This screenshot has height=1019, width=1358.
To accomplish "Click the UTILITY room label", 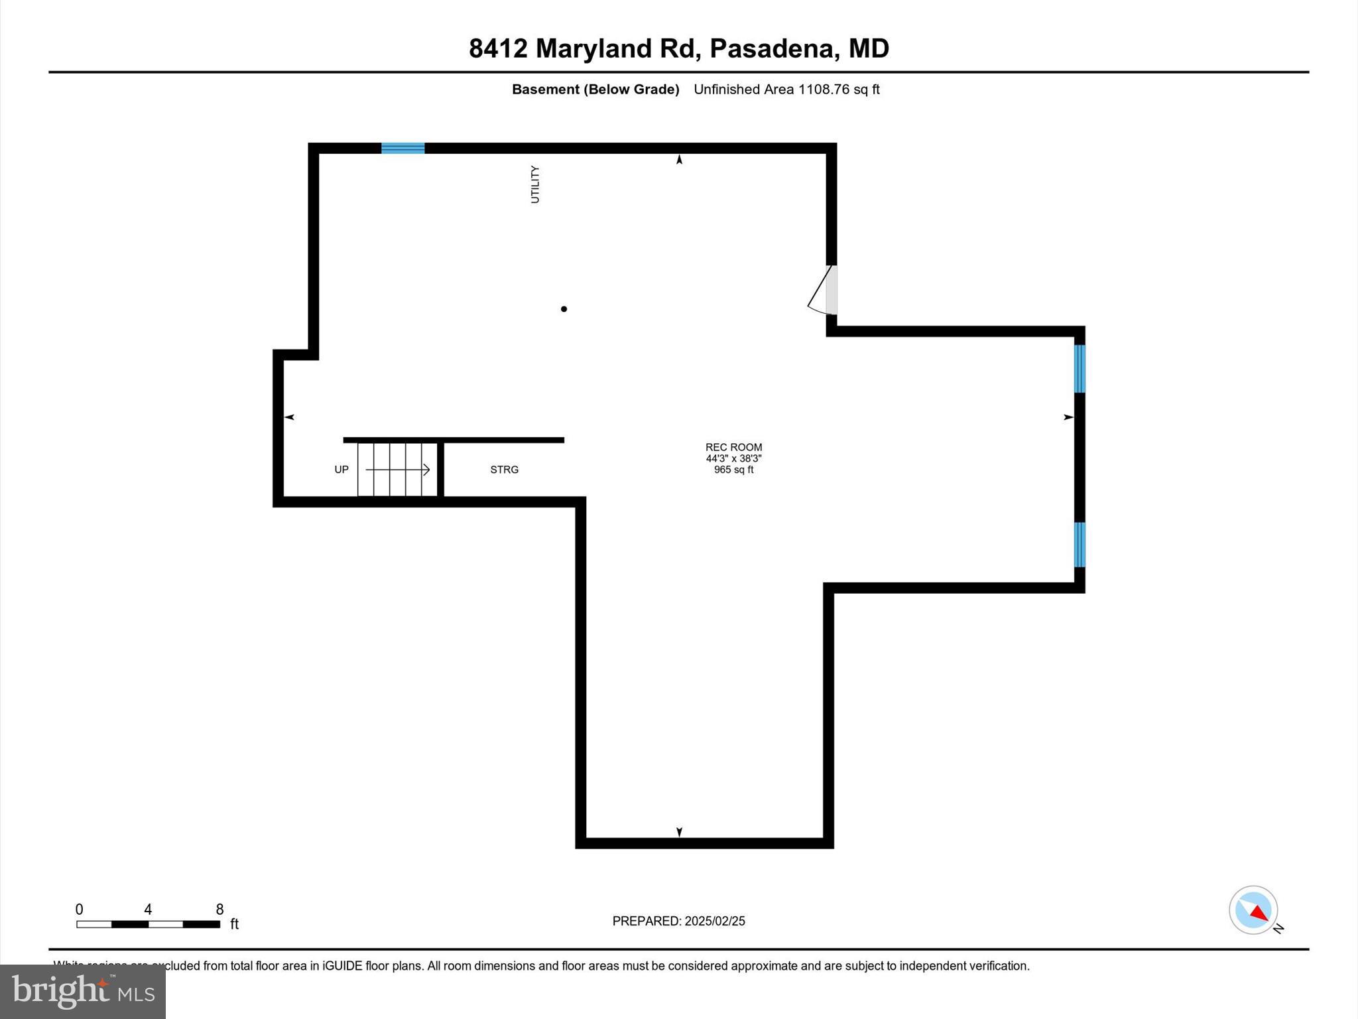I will [x=535, y=184].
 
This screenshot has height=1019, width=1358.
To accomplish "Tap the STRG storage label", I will [x=504, y=470].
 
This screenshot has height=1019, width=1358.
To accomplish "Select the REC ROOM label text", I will [x=733, y=447].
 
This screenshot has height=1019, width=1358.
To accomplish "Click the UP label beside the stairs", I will [x=341, y=470].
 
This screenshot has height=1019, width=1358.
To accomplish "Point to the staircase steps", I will [x=397, y=470].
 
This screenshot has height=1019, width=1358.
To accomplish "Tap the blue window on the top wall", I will [x=402, y=148].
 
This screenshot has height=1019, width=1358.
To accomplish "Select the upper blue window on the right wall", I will [x=1080, y=369].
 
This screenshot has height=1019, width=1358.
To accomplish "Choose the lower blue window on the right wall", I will [x=1080, y=545].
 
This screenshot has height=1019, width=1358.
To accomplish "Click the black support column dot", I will [x=564, y=309].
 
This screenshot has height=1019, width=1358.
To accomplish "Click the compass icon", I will [x=1253, y=910].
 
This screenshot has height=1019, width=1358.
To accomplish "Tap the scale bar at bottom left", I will [x=148, y=924].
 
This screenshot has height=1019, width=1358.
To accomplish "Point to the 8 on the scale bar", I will [x=219, y=910].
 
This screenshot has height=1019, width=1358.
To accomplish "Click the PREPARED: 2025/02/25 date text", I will [x=678, y=921].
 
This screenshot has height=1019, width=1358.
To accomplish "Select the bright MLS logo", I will [x=83, y=991].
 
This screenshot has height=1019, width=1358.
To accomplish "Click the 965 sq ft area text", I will [x=733, y=470].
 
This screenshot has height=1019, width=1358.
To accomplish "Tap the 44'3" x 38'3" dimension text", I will [x=733, y=458].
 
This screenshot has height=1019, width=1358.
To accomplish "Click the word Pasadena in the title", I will [x=771, y=48].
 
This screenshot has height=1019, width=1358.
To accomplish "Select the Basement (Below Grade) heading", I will [x=595, y=90].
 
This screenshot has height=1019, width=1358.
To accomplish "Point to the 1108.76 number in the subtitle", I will [x=824, y=90].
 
